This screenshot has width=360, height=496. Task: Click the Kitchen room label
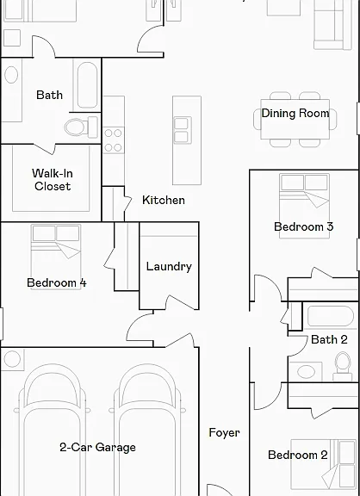(164, 200)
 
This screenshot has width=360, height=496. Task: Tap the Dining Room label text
(295, 114)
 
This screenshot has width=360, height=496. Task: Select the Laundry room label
(169, 266)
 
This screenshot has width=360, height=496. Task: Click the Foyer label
(224, 432)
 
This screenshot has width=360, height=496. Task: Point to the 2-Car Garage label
(97, 447)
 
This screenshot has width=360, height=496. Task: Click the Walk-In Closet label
(53, 180)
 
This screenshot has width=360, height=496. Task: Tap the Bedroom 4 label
(57, 282)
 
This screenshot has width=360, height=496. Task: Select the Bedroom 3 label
(304, 226)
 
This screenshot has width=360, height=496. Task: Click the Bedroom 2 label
(298, 455)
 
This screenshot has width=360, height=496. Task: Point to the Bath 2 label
(329, 339)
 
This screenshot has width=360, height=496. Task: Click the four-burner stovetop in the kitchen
(113, 140)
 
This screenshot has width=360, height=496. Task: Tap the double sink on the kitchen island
(183, 130)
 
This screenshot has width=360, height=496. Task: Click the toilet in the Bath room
(81, 127)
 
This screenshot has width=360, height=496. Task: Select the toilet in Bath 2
(343, 366)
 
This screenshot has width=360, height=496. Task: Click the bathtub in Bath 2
(330, 316)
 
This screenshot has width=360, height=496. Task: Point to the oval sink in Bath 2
(306, 372)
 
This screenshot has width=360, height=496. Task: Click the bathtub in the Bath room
(87, 84)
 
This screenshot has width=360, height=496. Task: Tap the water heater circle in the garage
(12, 359)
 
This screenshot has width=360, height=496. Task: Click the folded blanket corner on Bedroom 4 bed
(68, 251)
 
